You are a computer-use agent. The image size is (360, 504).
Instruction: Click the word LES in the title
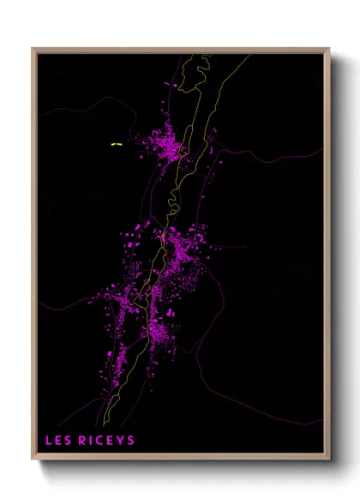point(58,441)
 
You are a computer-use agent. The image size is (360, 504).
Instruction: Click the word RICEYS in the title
point(105,441)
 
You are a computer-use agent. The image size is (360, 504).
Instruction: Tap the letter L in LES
point(49,441)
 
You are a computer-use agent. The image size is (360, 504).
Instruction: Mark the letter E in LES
point(58,441)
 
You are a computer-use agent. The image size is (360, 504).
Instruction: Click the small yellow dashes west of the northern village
point(116,145)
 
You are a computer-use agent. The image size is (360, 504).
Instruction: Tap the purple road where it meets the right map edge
point(323,149)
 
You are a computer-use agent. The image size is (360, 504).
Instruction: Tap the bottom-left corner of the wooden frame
point(33,460)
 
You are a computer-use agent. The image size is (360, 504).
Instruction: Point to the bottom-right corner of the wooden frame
point(329,460)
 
